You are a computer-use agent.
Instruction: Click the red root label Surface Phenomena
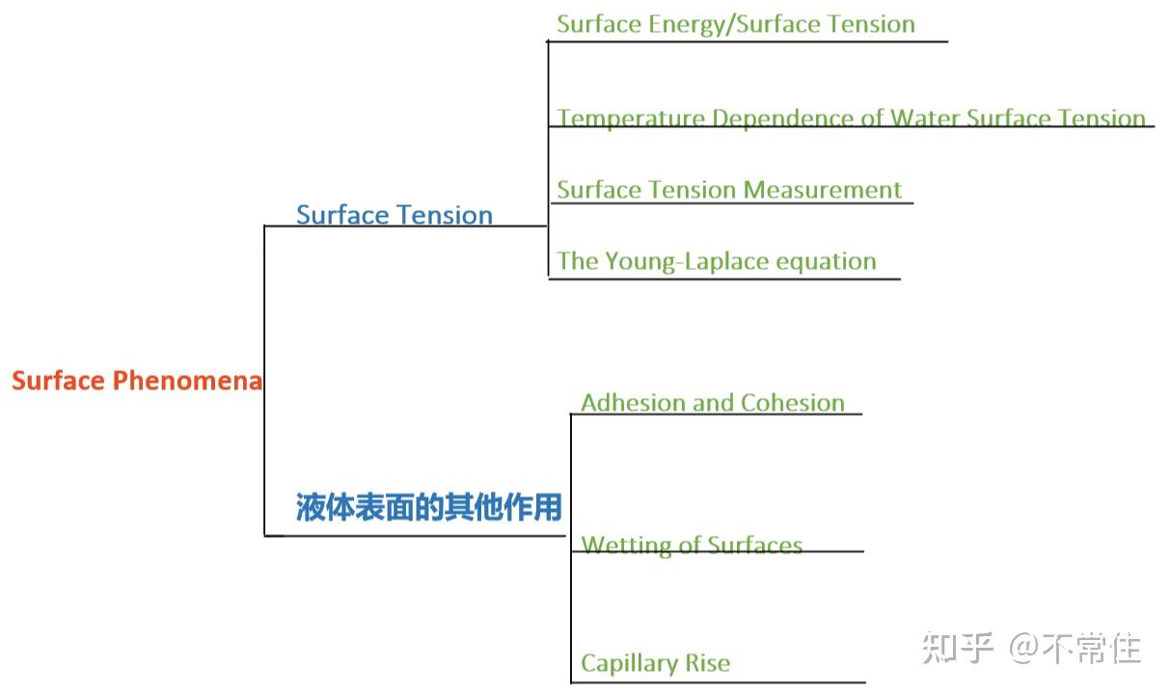136,381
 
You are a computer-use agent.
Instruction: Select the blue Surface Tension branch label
394,215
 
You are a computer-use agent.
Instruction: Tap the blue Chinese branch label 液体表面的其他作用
428,507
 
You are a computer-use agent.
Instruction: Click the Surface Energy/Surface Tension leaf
735,24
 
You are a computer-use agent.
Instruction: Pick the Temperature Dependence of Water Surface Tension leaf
851,119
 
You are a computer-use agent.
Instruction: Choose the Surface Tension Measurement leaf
729,190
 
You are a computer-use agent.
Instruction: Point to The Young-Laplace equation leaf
716,261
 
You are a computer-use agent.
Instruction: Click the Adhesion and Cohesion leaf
712,403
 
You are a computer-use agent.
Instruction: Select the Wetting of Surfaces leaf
692,546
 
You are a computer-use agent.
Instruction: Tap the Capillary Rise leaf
655,663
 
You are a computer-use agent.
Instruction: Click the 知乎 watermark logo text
957,648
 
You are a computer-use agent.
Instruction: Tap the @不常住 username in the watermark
1075,648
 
